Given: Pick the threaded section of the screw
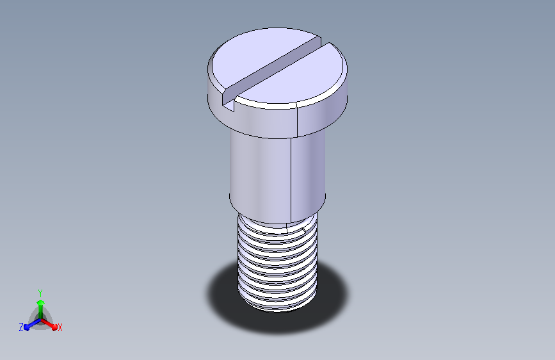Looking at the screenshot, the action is pos(278,264).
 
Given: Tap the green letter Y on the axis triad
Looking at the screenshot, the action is pos(40,293).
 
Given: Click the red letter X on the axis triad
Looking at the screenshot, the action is pos(60,327).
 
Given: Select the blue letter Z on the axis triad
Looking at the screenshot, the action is pos(21,327).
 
